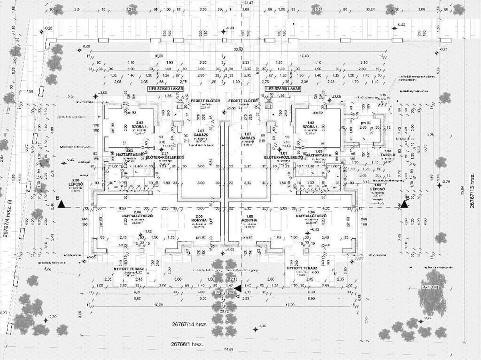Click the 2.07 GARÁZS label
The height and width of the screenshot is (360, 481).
pyautogui.click(x=200, y=133)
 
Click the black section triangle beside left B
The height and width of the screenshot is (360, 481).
pyautogui.click(x=61, y=204)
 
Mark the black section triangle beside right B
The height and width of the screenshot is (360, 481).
pyautogui.click(x=404, y=204)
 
